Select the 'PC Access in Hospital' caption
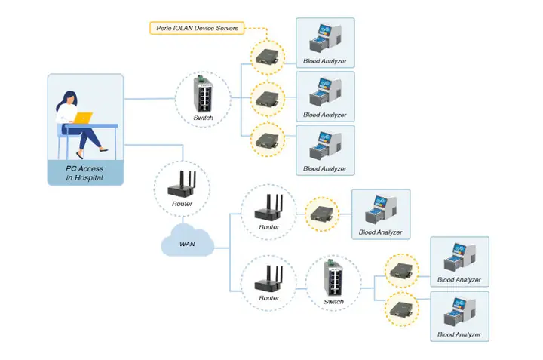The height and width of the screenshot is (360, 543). point(84,172)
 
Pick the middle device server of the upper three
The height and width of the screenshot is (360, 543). point(268,97)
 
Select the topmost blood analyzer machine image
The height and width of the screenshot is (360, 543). point(325,38)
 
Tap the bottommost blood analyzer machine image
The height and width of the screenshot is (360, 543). point(459,311)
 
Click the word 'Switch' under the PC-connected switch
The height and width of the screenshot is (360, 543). point(204,118)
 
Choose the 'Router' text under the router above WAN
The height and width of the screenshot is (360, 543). point(183,204)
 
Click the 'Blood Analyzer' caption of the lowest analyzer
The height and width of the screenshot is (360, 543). point(459,334)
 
